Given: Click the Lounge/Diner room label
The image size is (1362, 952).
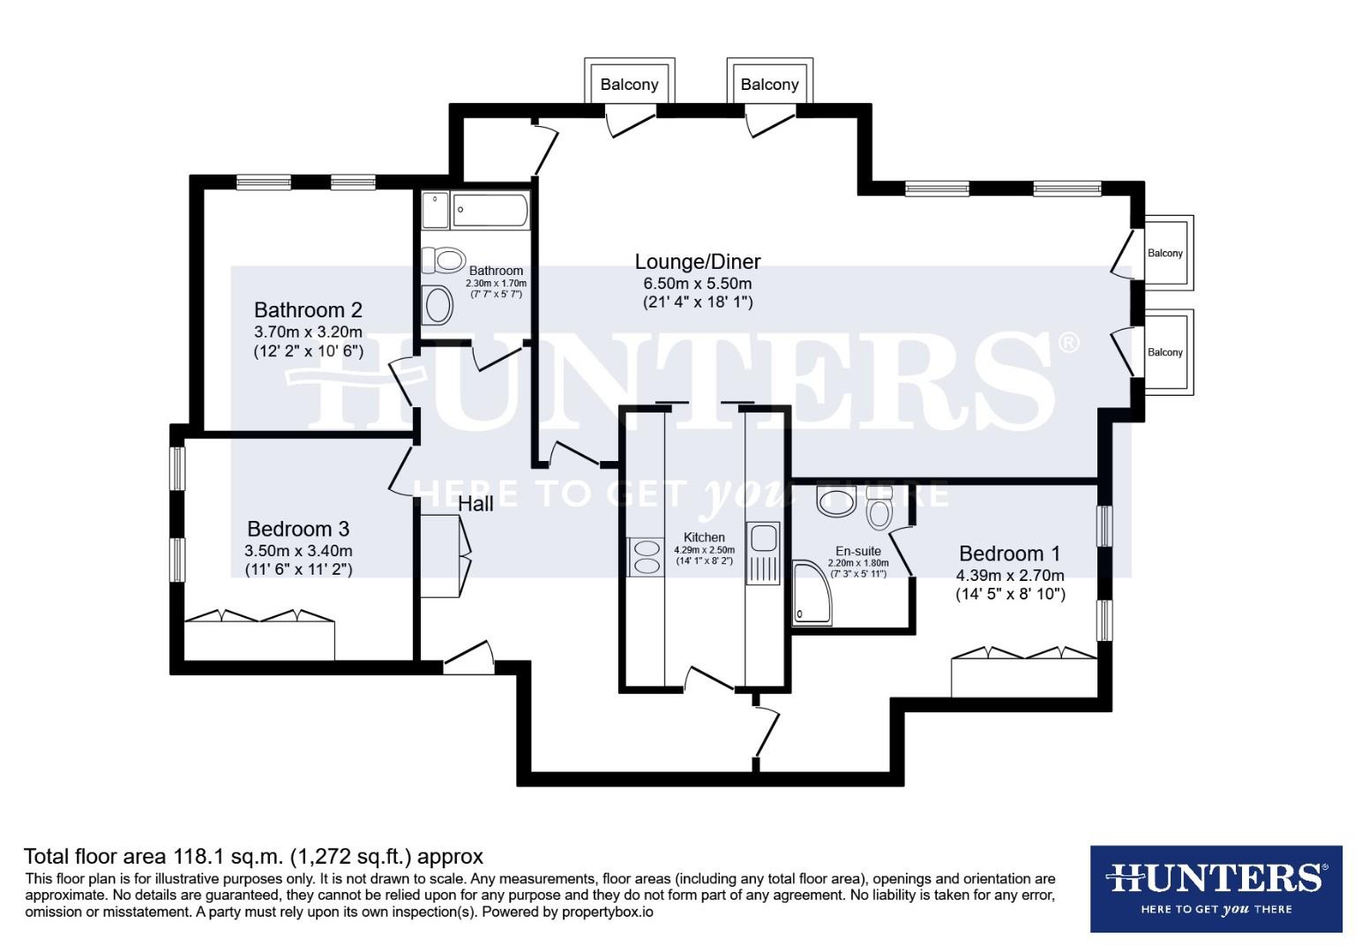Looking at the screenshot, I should (x=697, y=262).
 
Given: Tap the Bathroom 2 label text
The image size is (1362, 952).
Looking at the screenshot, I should (x=308, y=310).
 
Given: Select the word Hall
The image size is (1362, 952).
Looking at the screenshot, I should (x=475, y=504).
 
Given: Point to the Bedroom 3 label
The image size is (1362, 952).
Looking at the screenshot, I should (x=298, y=529).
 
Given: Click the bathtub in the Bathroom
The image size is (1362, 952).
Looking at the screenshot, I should (x=490, y=212).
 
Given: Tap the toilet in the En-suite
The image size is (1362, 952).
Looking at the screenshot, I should (x=879, y=509).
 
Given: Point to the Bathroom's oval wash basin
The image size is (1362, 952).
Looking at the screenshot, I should (x=438, y=305).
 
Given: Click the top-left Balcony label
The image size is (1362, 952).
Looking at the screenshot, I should (x=629, y=85).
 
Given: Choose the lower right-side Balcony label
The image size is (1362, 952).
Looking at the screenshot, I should (x=1164, y=353).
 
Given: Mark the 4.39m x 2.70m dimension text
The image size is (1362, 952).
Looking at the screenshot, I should (x=1010, y=576).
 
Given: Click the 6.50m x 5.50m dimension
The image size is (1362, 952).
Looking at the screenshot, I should (x=697, y=283).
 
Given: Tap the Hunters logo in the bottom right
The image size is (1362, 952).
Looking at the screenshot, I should (x=1216, y=889).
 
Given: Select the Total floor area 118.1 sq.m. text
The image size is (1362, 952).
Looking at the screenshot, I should (x=254, y=856).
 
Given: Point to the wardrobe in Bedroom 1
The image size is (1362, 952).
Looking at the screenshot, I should (x=1023, y=675).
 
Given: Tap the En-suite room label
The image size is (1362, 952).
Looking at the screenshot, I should (x=857, y=551).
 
